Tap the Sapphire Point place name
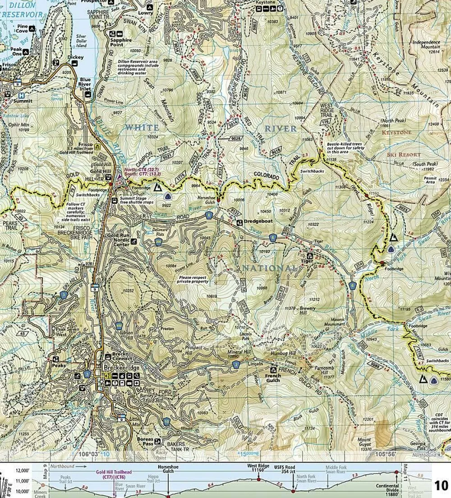click(120, 42)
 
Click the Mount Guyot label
click(364, 443)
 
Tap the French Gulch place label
click(272, 378)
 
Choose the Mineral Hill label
click(239, 351)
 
